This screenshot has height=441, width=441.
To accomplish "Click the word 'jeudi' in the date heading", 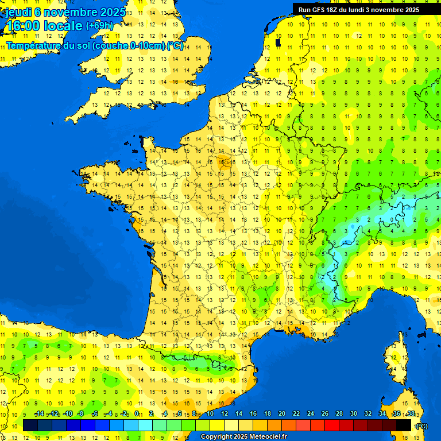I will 19,11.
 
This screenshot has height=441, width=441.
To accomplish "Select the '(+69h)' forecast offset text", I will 99,25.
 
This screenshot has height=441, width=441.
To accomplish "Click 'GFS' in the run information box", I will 318,10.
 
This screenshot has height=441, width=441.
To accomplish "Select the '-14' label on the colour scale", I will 39,413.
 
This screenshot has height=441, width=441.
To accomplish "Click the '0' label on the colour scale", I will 137,413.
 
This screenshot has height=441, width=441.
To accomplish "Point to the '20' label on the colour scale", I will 282,413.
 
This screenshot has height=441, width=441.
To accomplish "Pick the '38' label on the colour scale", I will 411,413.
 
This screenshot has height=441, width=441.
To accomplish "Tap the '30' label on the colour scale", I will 354,413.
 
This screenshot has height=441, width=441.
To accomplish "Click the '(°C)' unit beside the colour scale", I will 422,425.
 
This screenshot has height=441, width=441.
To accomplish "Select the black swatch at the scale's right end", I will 404,425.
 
